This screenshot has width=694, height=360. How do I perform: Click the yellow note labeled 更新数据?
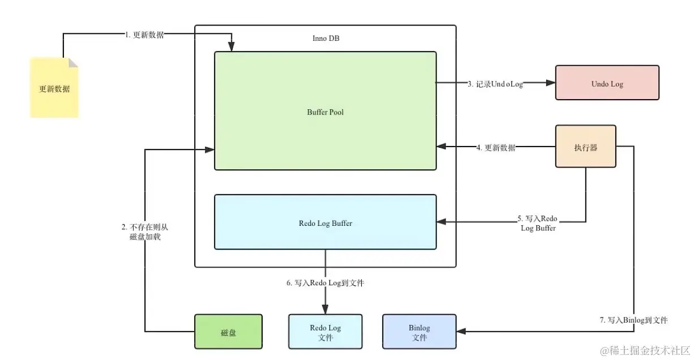pos(54,89)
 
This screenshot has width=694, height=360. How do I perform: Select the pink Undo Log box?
pos(607,83)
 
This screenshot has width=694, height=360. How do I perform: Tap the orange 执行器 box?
pos(585,147)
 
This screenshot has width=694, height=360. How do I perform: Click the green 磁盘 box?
pos(228,332)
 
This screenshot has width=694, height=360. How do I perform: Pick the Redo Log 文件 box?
pos(325,332)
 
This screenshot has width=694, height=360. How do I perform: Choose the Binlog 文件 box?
pos(419,332)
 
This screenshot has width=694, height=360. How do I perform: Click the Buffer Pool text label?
pos(325,112)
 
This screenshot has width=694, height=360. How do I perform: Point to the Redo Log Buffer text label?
pos(325,223)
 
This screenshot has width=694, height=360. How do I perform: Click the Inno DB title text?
pos(325,38)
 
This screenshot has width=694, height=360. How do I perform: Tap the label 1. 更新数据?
pos(144,35)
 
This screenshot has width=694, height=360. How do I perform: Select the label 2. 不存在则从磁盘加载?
pos(145,232)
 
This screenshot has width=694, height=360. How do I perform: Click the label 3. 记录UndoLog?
pos(495,84)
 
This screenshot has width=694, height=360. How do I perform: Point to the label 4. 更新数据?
pos(495,148)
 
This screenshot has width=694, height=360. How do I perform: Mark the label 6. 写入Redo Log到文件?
pos(325,283)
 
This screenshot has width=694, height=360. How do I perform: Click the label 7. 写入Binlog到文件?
pos(633,320)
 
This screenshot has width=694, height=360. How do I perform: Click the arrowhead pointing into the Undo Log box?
pos(550,83)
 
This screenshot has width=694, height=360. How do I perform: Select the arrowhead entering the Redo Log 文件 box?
pos(325,310)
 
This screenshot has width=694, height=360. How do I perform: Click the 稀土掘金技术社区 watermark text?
pos(645,350)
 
